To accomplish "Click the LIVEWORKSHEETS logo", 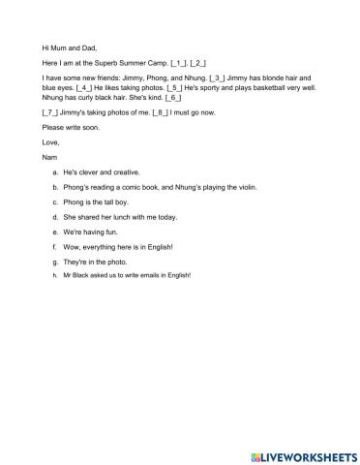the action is [294, 449].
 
